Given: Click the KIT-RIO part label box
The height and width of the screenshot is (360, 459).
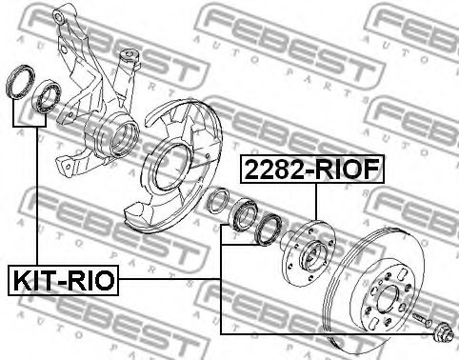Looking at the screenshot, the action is [63, 280].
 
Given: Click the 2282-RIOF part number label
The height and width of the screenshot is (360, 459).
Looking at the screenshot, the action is [312, 170].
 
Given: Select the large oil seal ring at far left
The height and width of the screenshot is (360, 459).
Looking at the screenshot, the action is [21, 81].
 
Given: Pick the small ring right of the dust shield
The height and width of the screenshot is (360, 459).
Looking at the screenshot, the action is [217, 200].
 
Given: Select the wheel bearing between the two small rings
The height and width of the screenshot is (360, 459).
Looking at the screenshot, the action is [243, 214].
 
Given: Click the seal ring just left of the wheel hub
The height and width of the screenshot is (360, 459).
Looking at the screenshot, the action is [269, 230].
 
